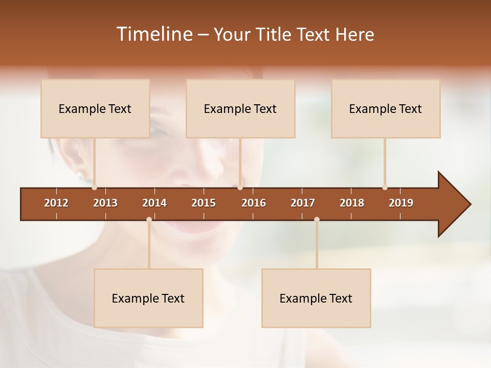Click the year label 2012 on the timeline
coord(56,203)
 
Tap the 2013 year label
coord(105,203)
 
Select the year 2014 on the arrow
coord(154,203)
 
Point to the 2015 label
coord(204,203)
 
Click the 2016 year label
coord(254,203)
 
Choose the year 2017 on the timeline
coord(303,203)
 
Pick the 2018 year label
coord(352,203)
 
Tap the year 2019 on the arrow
coord(401,203)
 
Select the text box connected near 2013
coord(95,109)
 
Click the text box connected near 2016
coord(240,109)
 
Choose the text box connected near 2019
coord(386,109)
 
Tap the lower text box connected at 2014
coord(148,298)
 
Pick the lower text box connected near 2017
coord(316,298)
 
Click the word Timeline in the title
coord(153,34)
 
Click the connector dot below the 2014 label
coord(149,220)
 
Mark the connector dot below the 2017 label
coord(317,220)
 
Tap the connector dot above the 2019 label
coord(385,187)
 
